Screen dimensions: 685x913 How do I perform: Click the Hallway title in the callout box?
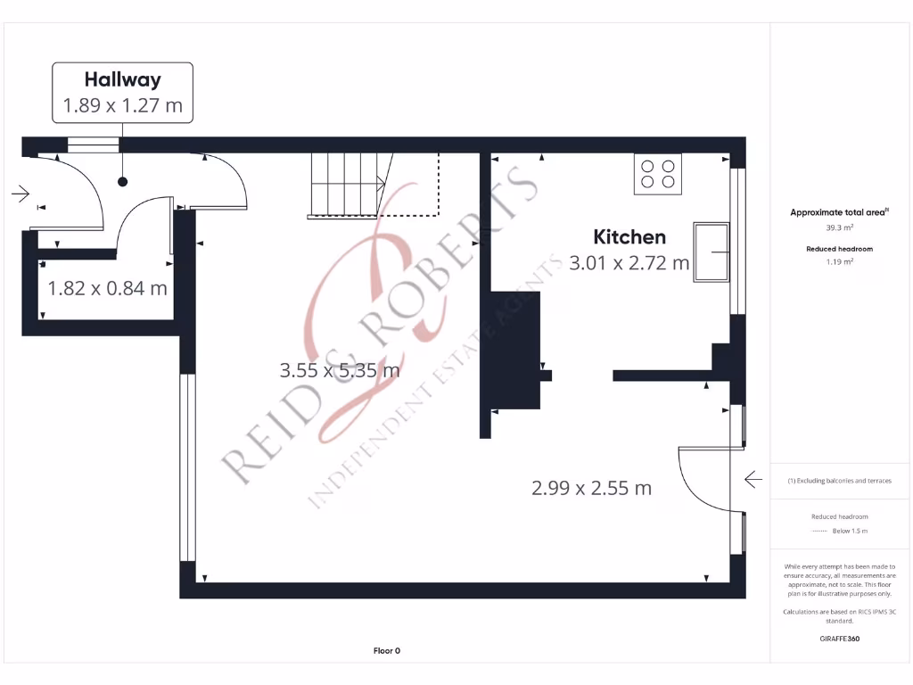[123, 79]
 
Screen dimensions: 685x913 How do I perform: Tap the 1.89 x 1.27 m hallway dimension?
[123, 105]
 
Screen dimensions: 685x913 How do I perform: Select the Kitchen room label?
[629, 236]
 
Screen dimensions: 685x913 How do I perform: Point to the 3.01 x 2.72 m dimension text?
[629, 262]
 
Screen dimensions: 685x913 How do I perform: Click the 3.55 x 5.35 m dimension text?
[340, 369]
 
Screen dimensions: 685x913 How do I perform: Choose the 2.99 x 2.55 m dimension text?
[591, 488]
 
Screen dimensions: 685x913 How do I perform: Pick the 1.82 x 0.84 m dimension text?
[107, 288]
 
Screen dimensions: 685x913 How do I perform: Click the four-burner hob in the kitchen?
[657, 174]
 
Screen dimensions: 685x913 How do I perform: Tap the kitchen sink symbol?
[711, 252]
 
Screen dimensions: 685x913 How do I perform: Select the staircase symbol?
[348, 184]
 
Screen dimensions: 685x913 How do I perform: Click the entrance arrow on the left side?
[21, 193]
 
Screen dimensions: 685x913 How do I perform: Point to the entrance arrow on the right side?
[753, 481]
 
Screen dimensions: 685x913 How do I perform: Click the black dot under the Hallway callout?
[123, 182]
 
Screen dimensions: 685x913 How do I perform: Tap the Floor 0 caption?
[386, 651]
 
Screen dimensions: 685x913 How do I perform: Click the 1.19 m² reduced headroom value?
[839, 262]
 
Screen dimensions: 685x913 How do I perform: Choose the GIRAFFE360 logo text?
[839, 639]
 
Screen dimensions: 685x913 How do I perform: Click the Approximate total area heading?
[838, 212]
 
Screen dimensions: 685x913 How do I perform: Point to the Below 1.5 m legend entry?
[848, 531]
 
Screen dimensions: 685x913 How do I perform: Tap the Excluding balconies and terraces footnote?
[839, 481]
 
